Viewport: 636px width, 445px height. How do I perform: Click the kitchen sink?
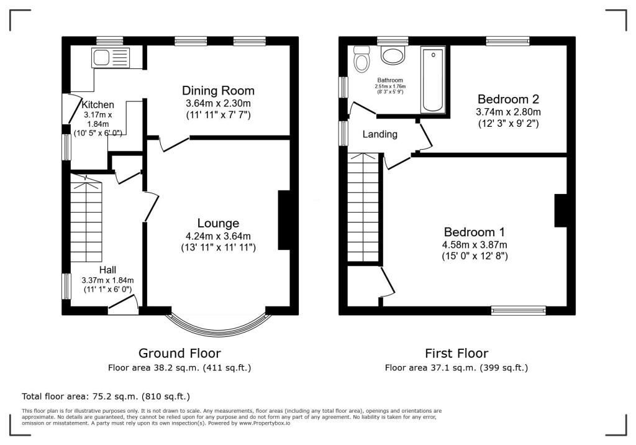tap(109, 58)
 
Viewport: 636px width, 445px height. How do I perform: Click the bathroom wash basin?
tap(393, 57)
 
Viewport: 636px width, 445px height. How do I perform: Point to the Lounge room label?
tap(218, 223)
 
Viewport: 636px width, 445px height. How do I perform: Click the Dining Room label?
tap(218, 91)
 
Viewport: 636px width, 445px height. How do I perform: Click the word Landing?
tap(379, 134)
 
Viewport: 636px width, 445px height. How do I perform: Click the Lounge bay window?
tap(218, 326)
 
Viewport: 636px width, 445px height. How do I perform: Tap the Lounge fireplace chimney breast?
tap(284, 220)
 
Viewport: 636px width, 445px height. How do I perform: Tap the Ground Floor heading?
tap(179, 354)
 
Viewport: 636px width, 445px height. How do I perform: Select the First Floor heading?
tap(457, 354)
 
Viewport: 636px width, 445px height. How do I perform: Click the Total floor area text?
tap(106, 396)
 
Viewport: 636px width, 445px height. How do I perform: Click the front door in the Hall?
tap(123, 305)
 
